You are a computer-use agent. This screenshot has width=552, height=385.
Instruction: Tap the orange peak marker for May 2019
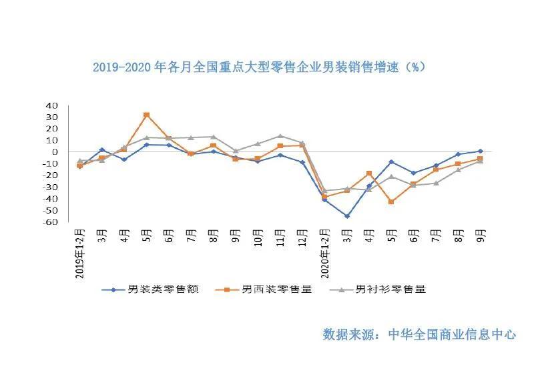click(x=146, y=115)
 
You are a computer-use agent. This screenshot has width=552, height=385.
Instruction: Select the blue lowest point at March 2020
click(x=347, y=216)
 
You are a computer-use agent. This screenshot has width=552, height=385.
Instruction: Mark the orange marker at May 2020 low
click(x=391, y=202)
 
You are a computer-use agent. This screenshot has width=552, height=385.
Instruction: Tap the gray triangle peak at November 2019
click(x=280, y=136)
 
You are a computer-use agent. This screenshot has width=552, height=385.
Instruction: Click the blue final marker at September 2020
click(x=481, y=151)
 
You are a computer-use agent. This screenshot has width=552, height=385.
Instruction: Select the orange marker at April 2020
click(x=369, y=173)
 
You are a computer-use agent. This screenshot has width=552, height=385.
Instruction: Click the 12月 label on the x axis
click(x=302, y=236)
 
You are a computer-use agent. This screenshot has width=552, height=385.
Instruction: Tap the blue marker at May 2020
click(x=391, y=162)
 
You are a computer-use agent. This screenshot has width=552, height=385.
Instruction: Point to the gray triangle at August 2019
click(x=213, y=137)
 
